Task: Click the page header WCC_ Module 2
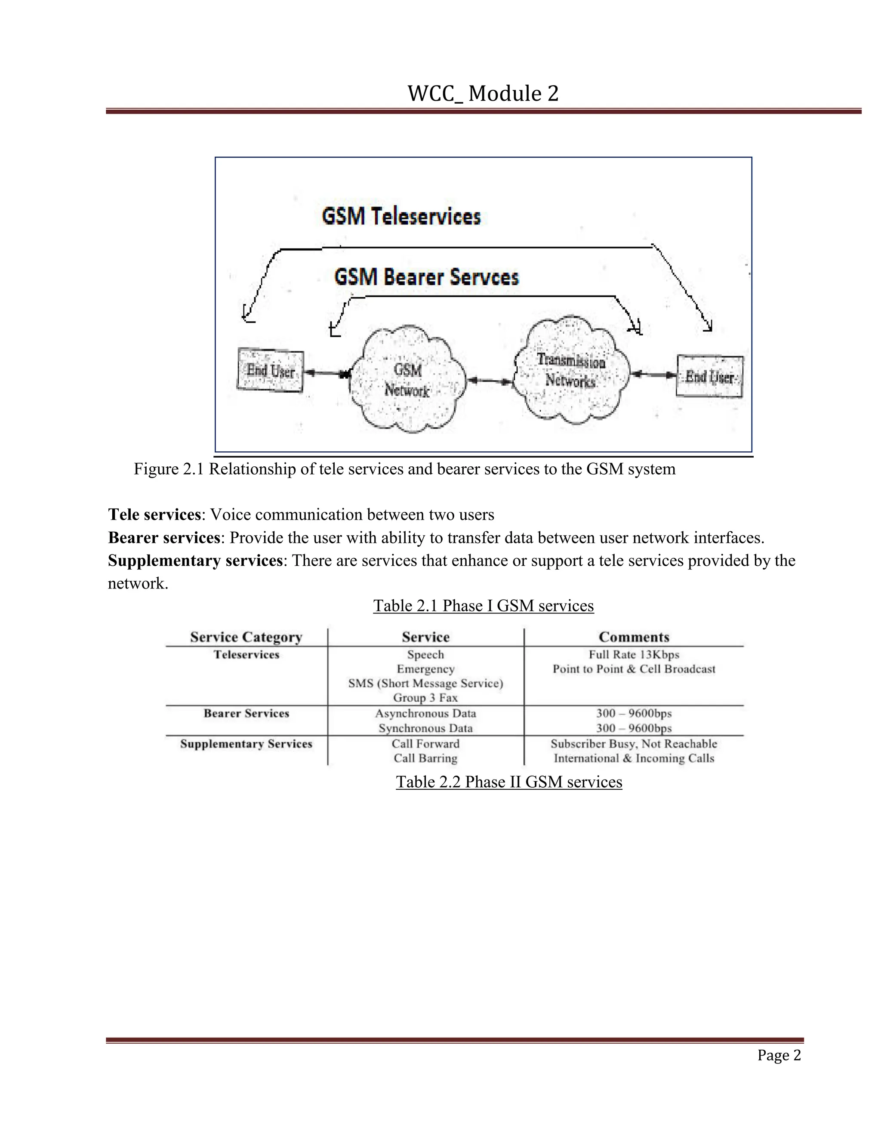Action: click(x=483, y=94)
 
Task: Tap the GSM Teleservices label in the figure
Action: click(x=401, y=217)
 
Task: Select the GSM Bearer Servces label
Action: click(x=426, y=277)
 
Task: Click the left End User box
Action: click(x=270, y=370)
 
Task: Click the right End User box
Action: click(x=709, y=376)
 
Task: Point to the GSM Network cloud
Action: click(x=407, y=379)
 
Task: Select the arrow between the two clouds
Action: click(x=489, y=381)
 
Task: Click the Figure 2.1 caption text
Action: click(x=404, y=469)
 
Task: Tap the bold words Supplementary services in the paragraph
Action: click(x=195, y=561)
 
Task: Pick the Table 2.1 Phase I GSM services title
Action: click(x=483, y=606)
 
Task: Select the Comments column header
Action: click(x=634, y=638)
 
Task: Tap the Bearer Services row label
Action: click(x=246, y=714)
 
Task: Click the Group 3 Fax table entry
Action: click(x=425, y=698)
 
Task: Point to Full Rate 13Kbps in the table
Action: click(x=634, y=655)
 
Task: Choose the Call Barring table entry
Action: click(x=425, y=758)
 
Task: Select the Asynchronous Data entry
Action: click(x=425, y=714)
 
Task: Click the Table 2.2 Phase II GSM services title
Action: click(x=509, y=782)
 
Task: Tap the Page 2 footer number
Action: click(x=779, y=1055)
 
